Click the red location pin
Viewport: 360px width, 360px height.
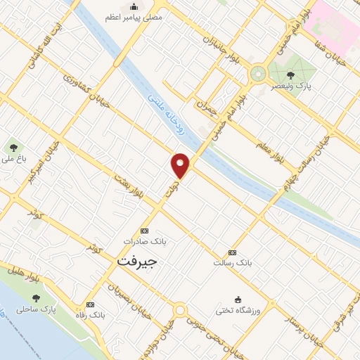click(181, 165)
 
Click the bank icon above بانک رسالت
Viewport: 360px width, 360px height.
click(232, 252)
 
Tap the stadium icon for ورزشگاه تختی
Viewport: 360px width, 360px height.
click(238, 300)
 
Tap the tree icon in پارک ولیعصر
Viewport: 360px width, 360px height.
click(291, 75)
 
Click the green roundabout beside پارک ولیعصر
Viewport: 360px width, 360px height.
click(258, 73)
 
